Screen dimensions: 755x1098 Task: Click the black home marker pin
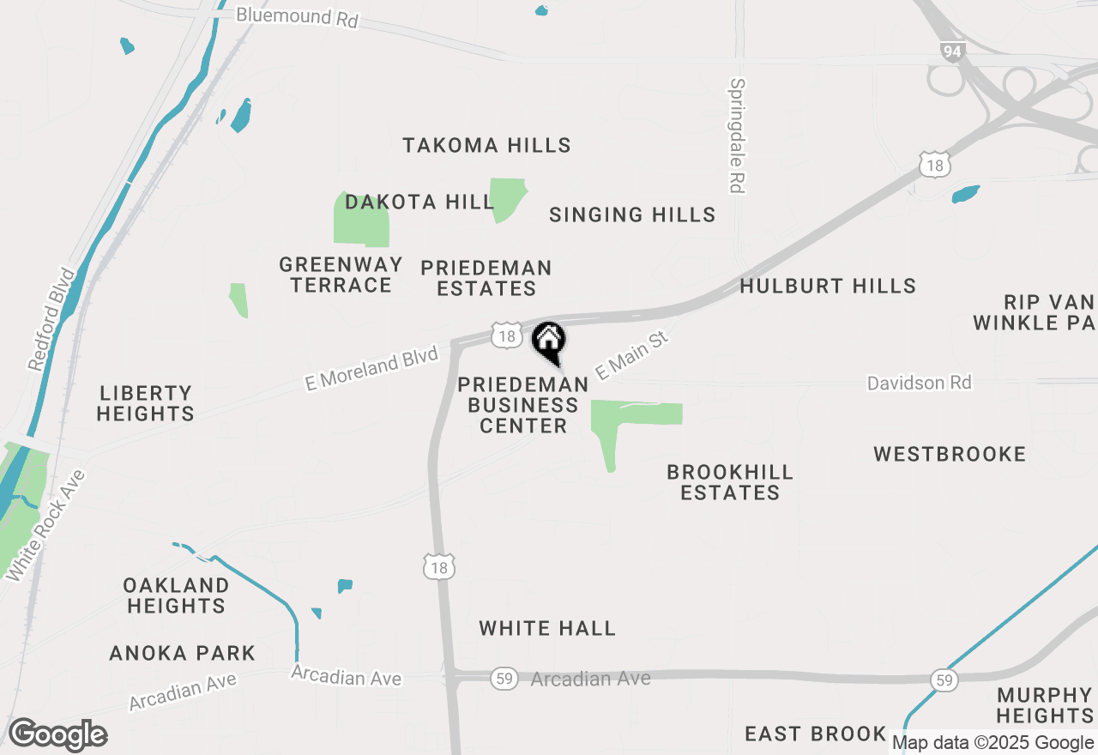click(x=549, y=341)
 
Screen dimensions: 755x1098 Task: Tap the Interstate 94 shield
click(x=951, y=51)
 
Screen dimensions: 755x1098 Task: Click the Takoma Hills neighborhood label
click(x=486, y=145)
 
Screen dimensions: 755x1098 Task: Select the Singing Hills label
click(x=632, y=214)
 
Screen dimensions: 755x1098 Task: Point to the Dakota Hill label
click(x=419, y=202)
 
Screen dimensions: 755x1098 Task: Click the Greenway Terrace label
click(x=341, y=275)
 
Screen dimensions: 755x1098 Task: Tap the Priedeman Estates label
click(x=486, y=279)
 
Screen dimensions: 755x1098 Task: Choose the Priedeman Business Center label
click(x=523, y=405)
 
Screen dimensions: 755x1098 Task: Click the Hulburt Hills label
click(x=828, y=286)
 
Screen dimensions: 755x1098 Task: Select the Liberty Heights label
click(x=145, y=403)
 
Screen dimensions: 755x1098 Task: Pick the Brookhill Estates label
click(x=730, y=482)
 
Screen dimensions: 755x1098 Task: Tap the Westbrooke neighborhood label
click(x=950, y=454)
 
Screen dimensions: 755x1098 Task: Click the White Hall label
click(x=547, y=629)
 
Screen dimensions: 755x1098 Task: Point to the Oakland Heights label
click(x=176, y=595)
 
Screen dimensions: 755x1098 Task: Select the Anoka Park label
click(x=183, y=654)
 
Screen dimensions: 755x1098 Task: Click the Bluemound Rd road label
click(x=296, y=17)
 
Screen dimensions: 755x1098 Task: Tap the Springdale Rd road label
click(x=736, y=136)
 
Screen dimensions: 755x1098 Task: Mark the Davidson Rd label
click(x=919, y=383)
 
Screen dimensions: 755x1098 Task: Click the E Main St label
click(x=631, y=358)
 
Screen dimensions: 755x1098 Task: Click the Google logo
click(x=57, y=734)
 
